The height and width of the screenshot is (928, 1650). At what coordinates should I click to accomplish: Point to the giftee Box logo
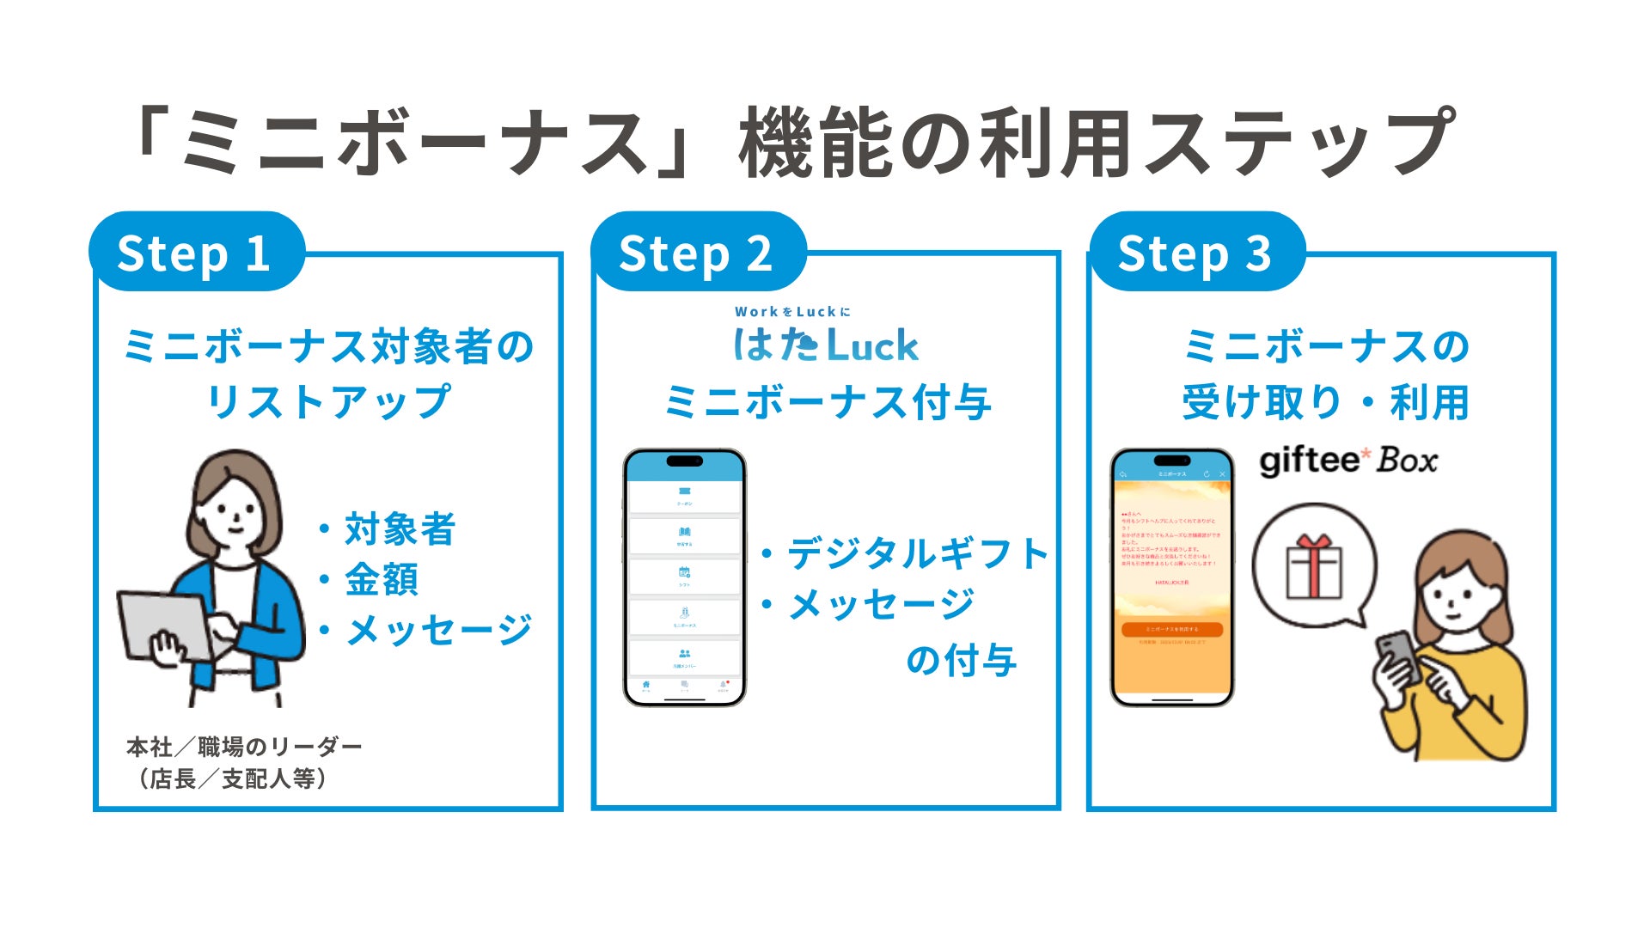click(x=1347, y=461)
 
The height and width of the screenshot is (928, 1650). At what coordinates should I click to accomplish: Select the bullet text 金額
click(x=382, y=579)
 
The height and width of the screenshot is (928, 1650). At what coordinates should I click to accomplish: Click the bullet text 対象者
click(x=400, y=528)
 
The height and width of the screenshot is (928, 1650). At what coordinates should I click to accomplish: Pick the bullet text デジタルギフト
click(x=917, y=553)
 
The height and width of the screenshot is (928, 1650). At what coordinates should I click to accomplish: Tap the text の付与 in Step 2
click(x=962, y=660)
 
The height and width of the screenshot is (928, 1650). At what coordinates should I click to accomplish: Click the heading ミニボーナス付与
click(x=828, y=401)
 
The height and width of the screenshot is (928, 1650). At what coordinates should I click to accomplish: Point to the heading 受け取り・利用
click(x=1325, y=401)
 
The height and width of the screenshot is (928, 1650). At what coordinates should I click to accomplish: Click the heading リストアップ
click(x=328, y=401)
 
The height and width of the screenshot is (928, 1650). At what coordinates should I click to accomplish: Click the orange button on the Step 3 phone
click(x=1171, y=629)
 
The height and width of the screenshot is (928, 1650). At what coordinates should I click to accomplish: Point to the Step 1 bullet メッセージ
click(x=438, y=630)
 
